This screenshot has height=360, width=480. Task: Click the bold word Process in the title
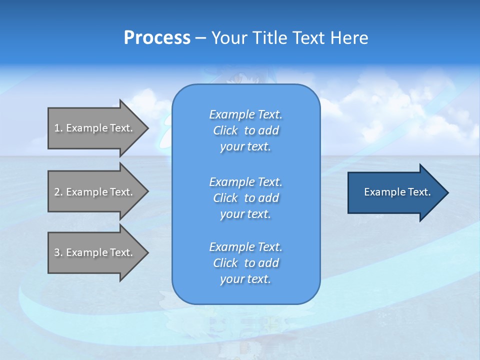[157, 38]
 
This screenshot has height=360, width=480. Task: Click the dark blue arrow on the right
[395, 192]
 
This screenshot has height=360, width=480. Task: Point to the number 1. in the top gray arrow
[58, 128]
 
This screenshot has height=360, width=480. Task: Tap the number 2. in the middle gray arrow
[58, 192]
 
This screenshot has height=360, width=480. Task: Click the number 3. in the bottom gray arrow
[58, 252]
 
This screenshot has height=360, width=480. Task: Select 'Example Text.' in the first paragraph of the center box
[245, 115]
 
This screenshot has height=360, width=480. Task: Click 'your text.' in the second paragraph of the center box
[245, 214]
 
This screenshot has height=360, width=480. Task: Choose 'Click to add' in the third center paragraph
[245, 263]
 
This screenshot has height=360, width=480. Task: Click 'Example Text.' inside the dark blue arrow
[397, 192]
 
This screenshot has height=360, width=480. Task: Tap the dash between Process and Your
[200, 38]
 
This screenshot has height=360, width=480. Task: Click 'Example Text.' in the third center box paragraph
[245, 247]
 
